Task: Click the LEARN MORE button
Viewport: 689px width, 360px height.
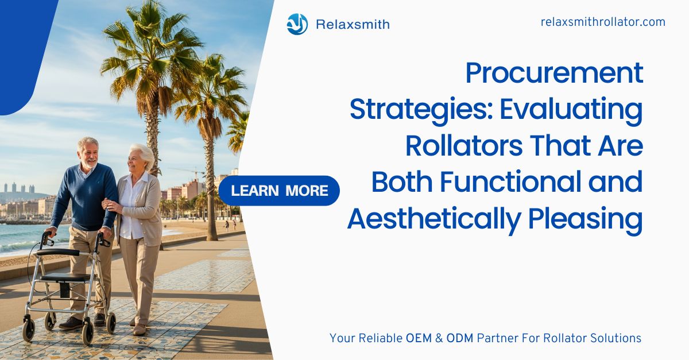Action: coord(279,191)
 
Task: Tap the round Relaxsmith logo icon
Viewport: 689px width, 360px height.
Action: coord(297,24)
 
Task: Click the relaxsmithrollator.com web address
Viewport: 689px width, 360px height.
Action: coord(603,22)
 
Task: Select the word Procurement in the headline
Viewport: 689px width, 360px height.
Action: coord(554,73)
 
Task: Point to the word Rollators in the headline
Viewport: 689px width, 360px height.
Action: coord(464,146)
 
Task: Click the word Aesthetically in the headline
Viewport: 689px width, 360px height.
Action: coord(434,219)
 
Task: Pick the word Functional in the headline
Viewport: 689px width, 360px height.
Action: coord(510,182)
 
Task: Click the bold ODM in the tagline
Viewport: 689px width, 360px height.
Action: coord(460,338)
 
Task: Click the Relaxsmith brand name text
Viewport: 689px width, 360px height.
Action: coord(353,24)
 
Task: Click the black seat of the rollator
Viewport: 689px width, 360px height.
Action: coord(65,278)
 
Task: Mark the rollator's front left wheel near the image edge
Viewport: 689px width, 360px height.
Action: coord(29,329)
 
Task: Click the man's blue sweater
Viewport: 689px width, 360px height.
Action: coord(86,197)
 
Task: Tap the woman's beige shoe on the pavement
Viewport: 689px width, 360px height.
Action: coord(140,329)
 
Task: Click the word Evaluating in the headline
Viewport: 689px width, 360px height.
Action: coord(571,110)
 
